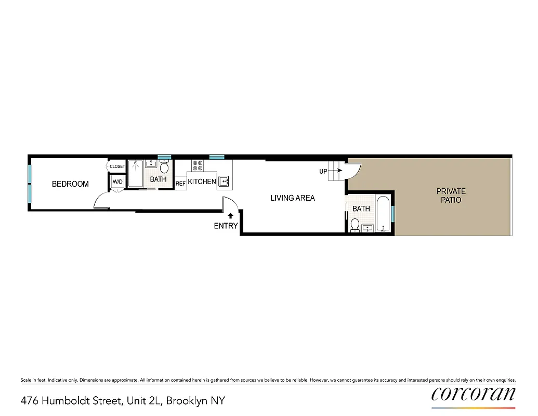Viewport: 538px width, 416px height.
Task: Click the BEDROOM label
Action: click(x=70, y=184)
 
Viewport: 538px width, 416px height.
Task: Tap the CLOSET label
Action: click(x=117, y=166)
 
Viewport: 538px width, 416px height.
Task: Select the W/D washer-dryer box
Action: click(x=118, y=182)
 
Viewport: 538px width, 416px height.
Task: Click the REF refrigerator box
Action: click(x=180, y=184)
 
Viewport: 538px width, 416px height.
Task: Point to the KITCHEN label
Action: click(x=202, y=181)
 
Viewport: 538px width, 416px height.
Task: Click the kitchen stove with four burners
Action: click(x=198, y=165)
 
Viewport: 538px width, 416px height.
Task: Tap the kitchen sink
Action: click(x=224, y=181)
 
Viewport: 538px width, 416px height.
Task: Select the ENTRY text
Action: click(x=226, y=226)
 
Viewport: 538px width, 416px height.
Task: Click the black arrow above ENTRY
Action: click(x=230, y=215)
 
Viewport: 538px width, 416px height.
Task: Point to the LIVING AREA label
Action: click(x=293, y=198)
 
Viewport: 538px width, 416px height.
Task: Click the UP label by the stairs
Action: click(x=323, y=171)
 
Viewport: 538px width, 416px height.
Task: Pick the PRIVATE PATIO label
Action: click(x=451, y=196)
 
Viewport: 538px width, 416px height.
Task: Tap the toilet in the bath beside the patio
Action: click(x=355, y=225)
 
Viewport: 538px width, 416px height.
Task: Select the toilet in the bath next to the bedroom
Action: click(x=164, y=167)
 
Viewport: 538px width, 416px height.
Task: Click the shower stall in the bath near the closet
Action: click(x=136, y=174)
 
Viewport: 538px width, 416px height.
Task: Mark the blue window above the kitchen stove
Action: click(x=216, y=157)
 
